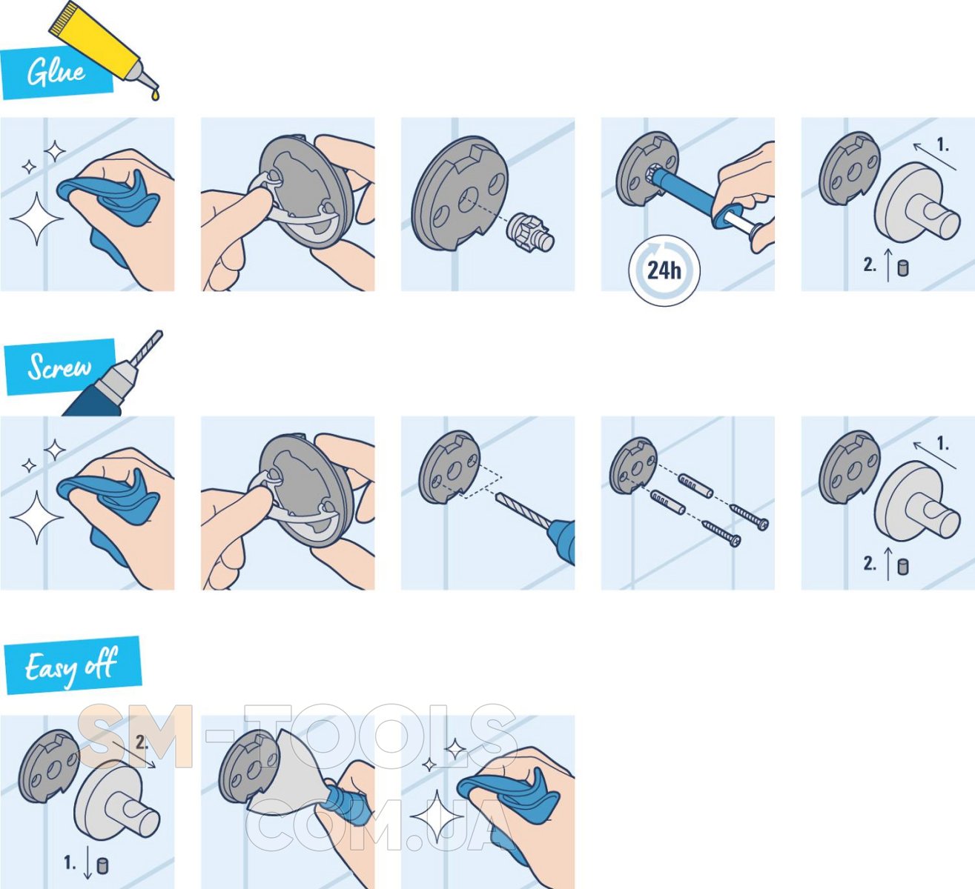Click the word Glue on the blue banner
click(x=56, y=73)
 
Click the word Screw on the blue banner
click(x=59, y=367)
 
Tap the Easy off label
click(x=71, y=666)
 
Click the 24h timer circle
click(x=664, y=270)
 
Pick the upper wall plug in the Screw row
click(x=695, y=486)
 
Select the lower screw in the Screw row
click(x=721, y=533)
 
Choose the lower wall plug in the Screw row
click(x=668, y=502)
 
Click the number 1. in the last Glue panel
click(x=943, y=144)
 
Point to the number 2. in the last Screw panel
click(x=870, y=563)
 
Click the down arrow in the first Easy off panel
click(x=87, y=862)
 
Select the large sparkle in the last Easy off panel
click(x=437, y=816)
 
